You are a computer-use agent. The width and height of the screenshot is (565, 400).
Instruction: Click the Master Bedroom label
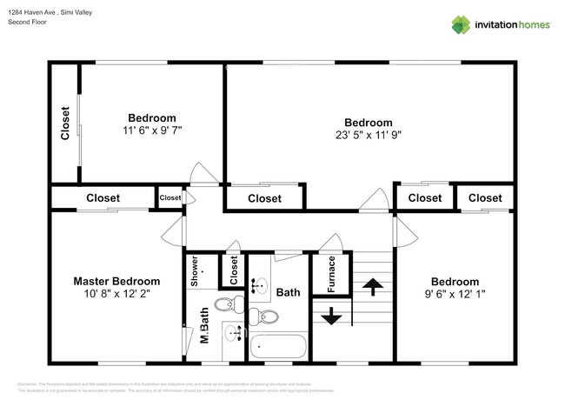[x=116, y=282]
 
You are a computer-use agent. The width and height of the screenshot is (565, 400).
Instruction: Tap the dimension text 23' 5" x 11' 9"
[x=368, y=135]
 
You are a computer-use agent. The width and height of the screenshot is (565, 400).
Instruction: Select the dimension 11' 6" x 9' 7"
[x=152, y=130]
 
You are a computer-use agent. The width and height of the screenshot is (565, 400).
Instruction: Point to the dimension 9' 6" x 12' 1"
[x=455, y=295]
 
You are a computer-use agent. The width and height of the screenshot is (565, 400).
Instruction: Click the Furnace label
[x=331, y=274]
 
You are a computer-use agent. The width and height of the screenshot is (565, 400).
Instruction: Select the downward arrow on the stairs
[x=331, y=316]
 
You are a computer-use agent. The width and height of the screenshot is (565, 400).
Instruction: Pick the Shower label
[x=195, y=270]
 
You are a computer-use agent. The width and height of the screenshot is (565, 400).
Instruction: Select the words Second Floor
[x=27, y=22]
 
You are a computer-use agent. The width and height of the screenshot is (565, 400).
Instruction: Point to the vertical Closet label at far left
[x=65, y=123]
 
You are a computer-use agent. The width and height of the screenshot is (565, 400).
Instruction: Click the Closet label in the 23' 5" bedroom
[x=264, y=198]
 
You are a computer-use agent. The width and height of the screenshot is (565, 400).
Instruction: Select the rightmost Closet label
[x=485, y=198]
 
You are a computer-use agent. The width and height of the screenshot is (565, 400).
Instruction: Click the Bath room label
[x=288, y=293]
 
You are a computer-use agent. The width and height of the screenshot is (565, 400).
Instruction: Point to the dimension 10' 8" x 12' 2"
[x=116, y=295]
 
